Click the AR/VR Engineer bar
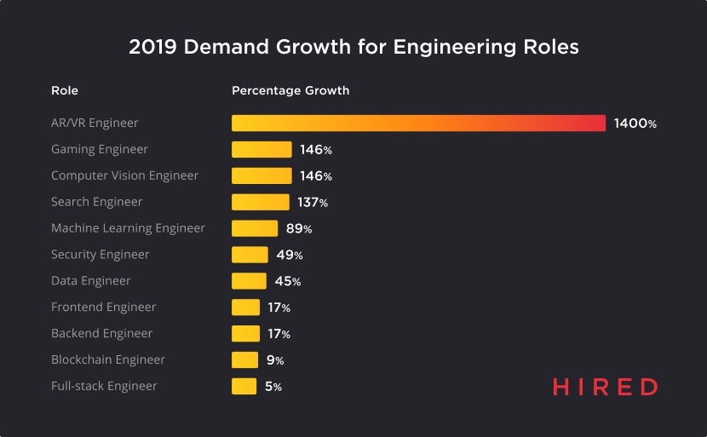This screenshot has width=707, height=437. coord(418,124)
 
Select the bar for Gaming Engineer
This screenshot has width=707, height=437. coord(262,150)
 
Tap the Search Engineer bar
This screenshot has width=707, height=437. coord(261,203)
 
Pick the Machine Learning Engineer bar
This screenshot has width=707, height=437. coord(255,228)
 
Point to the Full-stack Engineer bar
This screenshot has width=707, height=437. coord(244,387)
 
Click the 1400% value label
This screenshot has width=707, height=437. coord(635,124)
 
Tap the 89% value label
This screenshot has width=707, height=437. coord(299,228)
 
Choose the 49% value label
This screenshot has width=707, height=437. coord(290,255)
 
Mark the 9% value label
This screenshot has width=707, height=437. coord(274,360)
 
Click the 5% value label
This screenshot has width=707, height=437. coord(273,387)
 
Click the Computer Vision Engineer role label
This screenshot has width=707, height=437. coord(124,175)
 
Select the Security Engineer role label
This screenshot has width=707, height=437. coord(100,255)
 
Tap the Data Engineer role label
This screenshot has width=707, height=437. coord(90,281)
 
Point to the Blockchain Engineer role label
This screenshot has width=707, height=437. coord(108,360)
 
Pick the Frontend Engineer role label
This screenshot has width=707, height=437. coord(104,308)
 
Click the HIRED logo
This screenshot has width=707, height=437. coord(605,387)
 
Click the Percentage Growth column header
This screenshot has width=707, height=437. coord(290,90)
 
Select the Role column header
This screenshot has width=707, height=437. coord(65,90)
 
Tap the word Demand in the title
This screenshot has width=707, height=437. coord(221,47)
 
